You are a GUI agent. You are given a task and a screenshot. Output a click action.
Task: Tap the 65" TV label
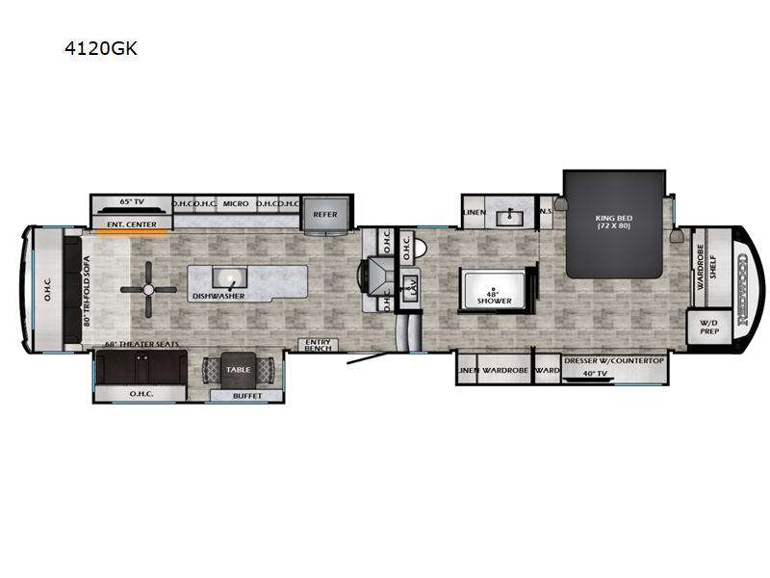131,202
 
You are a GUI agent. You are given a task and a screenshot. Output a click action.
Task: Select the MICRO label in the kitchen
236,204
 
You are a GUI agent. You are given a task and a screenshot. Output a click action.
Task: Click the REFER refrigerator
325,214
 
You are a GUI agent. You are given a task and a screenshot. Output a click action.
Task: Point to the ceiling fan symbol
148,288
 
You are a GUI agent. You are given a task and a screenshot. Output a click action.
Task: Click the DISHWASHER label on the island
218,297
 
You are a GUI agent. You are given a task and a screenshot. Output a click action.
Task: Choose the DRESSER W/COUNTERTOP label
614,360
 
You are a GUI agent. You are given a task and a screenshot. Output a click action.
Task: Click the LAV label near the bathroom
411,286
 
